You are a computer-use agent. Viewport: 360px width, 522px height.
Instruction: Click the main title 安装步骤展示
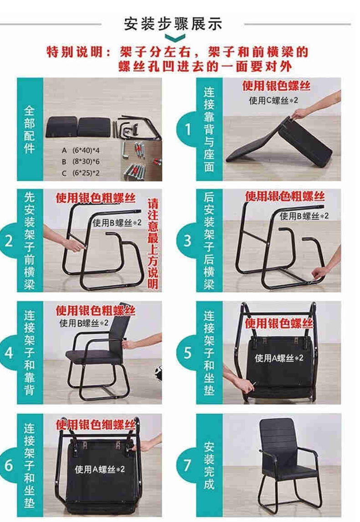pos(173,24)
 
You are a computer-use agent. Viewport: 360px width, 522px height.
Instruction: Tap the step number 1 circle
pos(188,129)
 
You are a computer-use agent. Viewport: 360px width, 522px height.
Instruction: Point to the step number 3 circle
pos(188,241)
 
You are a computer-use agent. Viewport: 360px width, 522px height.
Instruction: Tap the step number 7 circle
pos(188,465)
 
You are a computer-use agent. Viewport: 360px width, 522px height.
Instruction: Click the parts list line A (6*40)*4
pos(81,150)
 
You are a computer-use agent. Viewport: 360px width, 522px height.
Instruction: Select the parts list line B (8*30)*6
pos(81,162)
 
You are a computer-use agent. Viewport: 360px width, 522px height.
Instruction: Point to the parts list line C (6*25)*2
pos(81,173)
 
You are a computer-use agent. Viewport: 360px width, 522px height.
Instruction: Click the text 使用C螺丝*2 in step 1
pos(273,100)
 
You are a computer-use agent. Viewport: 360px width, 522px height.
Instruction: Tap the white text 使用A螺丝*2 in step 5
pos(279,358)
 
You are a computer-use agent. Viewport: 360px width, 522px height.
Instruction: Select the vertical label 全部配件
pos(29,129)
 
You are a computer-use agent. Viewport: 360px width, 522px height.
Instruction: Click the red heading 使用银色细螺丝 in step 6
pos(95,425)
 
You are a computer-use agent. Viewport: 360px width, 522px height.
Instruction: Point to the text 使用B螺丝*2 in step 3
pos(304,216)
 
